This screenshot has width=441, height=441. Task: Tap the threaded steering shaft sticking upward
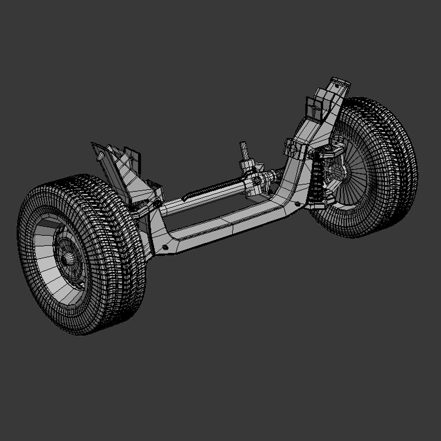point(243,151)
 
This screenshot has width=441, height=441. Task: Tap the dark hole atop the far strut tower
point(337,85)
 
